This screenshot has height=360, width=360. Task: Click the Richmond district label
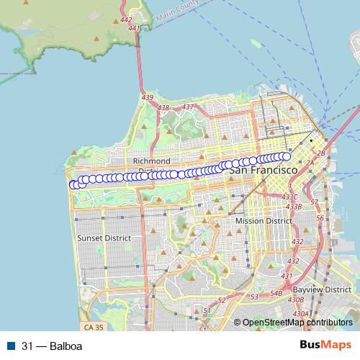coord(151,161)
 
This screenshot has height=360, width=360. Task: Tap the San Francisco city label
coord(263,171)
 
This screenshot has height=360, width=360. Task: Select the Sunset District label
coord(104,238)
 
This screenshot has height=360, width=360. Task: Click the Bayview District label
coord(328,289)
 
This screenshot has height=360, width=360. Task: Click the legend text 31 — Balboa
coord(52,346)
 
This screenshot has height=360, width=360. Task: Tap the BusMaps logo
coord(325,346)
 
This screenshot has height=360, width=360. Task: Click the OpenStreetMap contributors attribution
coord(297,323)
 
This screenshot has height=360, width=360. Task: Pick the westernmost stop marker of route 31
coord(73,185)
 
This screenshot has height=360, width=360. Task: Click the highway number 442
coord(127,20)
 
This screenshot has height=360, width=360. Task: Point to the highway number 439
coord(148,97)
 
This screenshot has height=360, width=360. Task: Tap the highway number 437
coord(188,107)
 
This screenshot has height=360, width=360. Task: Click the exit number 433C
coord(289,197)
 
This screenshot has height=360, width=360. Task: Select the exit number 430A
coord(300,313)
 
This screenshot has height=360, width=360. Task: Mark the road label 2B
coord(321,153)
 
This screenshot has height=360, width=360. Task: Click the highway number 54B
coord(276,293)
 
